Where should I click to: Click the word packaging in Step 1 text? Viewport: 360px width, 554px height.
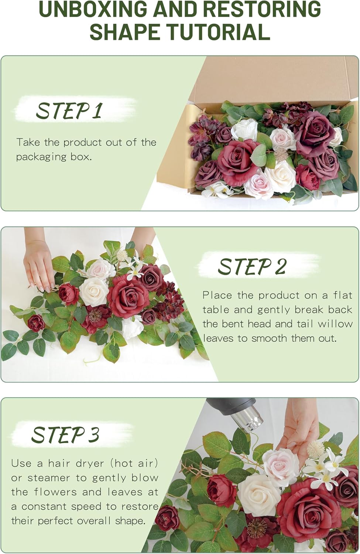(x=41, y=157)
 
